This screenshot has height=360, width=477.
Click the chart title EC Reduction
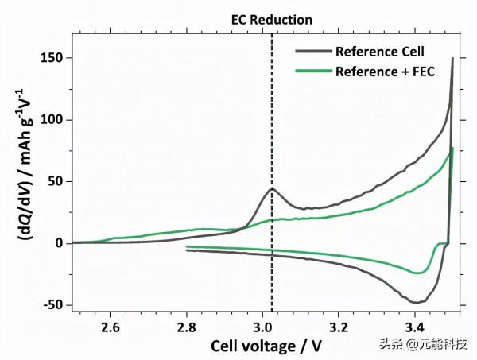click(272, 18)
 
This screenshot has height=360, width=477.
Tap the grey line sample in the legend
click(312, 52)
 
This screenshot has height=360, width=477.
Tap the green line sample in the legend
click(312, 72)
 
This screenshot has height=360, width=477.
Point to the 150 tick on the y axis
click(52, 58)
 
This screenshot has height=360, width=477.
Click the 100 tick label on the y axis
click(52, 120)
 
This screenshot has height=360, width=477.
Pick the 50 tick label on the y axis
click(56, 181)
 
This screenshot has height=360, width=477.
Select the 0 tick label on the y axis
click(59, 243)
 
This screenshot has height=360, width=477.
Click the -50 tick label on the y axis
click(53, 305)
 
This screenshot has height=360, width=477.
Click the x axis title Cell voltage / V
click(266, 346)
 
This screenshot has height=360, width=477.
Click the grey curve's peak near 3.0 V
click(272, 188)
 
